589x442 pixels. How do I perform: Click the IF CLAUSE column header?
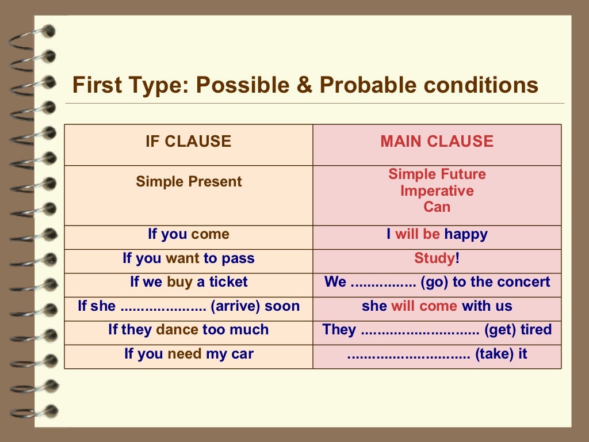point(188,142)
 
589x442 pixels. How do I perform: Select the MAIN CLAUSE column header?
point(437,142)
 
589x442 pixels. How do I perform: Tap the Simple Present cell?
point(189,182)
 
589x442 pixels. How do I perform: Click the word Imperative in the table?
point(437,190)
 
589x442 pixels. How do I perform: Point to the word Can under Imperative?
point(437,207)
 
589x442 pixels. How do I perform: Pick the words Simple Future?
point(437,174)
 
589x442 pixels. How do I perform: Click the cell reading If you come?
point(189,234)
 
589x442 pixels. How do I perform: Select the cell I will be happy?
point(437,234)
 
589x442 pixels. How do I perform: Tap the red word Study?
point(437,258)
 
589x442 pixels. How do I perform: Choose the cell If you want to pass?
point(189,258)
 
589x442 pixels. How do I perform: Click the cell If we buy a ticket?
point(189,282)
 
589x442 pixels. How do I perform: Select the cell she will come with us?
point(437,306)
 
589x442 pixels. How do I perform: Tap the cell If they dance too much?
point(189,330)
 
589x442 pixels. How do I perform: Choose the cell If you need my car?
point(189,354)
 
